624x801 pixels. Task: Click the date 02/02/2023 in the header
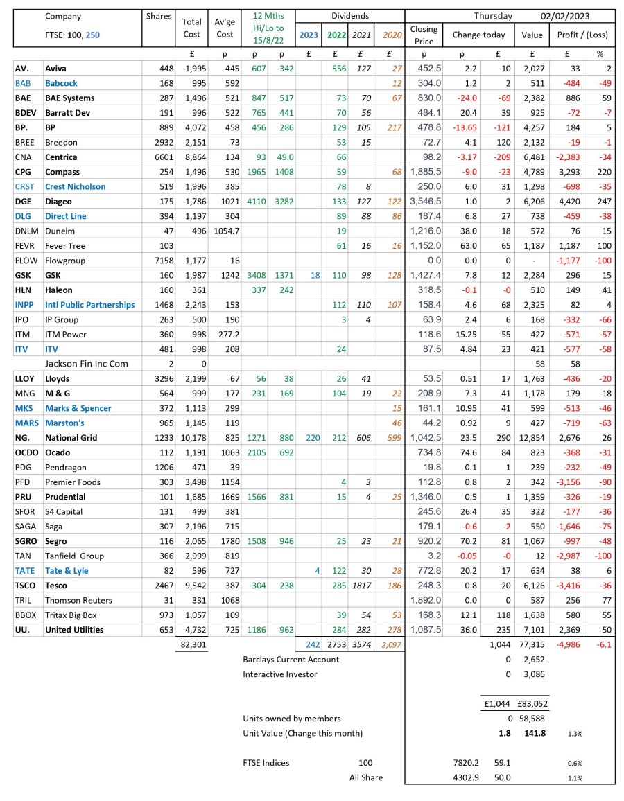pyautogui.click(x=567, y=16)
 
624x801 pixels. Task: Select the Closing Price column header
pyautogui.click(x=424, y=35)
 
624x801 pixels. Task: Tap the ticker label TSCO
pyautogui.click(x=26, y=586)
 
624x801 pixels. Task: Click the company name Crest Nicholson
pyautogui.click(x=76, y=186)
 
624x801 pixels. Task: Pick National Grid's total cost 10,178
pyautogui.click(x=191, y=438)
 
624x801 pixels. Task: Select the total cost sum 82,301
pyautogui.click(x=191, y=644)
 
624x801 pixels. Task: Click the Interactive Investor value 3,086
pyautogui.click(x=532, y=674)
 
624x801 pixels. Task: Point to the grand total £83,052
pyautogui.click(x=532, y=703)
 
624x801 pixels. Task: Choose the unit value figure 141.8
pyautogui.click(x=535, y=733)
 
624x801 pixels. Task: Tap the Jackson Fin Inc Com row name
pyautogui.click(x=87, y=364)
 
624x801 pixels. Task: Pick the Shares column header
pyautogui.click(x=158, y=16)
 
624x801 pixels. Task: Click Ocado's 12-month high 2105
pyautogui.click(x=259, y=452)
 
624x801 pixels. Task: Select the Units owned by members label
pyautogui.click(x=292, y=719)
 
